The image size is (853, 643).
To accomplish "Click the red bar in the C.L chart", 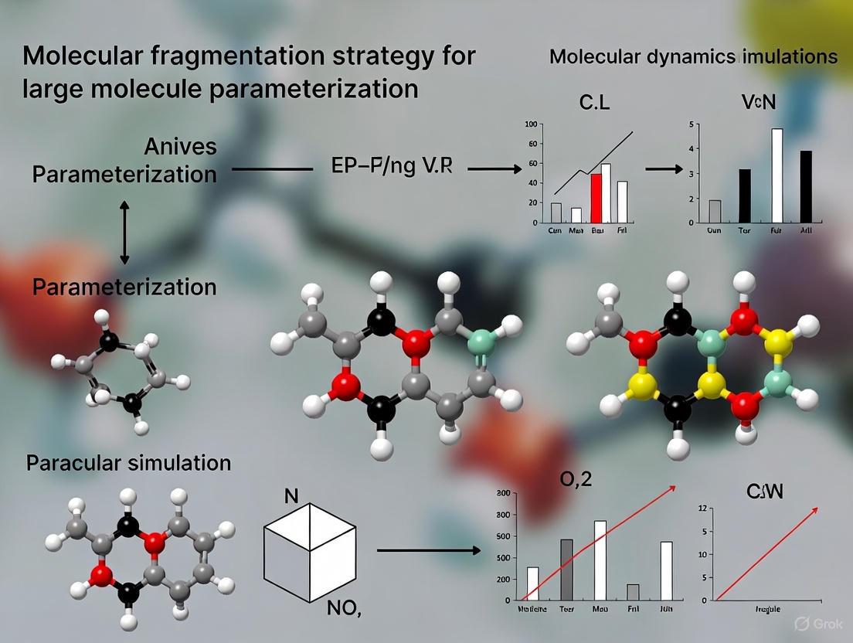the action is [596, 199].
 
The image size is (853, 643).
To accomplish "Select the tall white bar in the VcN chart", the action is [777, 176].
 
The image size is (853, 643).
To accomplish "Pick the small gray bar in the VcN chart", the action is [715, 212].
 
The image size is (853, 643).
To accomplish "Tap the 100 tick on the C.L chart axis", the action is [529, 124].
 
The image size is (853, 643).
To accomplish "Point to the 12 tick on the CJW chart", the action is [703, 508].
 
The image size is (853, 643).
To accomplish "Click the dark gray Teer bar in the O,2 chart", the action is [566, 570].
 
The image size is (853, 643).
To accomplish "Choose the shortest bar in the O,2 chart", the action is [633, 592].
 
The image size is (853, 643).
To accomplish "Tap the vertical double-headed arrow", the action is [124, 232].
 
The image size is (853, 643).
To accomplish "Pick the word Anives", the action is [180, 146].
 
